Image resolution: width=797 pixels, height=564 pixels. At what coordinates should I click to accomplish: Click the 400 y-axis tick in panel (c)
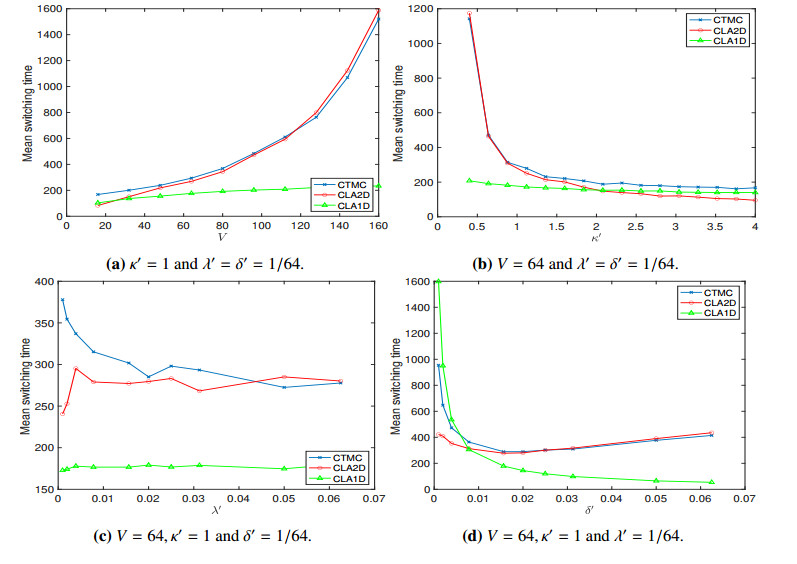coord(45,282)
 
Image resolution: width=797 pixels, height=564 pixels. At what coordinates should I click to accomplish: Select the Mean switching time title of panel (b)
coord(397,112)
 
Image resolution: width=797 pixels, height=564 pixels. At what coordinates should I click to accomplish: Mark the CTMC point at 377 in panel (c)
coord(62,300)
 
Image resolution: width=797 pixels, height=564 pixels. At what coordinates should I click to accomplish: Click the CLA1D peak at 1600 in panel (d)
coord(437,282)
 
